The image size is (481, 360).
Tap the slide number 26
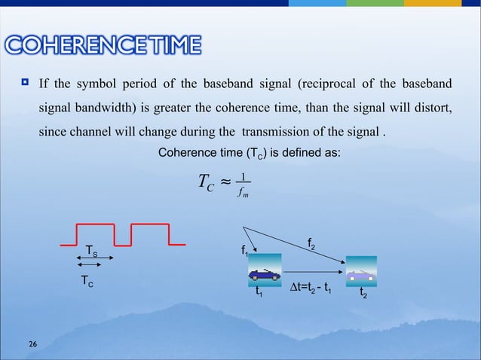tap(32, 344)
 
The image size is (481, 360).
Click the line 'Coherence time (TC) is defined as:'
tap(249, 154)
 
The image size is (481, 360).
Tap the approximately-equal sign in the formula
tap(222, 182)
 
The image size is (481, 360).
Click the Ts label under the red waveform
tap(91, 251)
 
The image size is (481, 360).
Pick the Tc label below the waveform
tap(87, 281)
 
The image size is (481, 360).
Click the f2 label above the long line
tap(312, 243)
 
